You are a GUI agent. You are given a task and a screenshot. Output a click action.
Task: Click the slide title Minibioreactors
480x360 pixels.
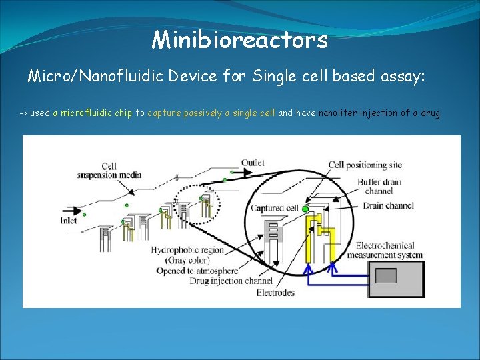pyautogui.click(x=240, y=40)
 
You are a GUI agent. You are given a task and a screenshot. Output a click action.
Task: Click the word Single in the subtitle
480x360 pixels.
pyautogui.click(x=275, y=77)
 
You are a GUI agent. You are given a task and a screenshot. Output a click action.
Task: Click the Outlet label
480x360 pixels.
pyautogui.click(x=253, y=163)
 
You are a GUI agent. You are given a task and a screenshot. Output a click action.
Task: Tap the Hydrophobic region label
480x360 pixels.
pyautogui.click(x=187, y=250)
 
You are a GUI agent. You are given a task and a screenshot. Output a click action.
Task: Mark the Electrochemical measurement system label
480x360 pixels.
pyautogui.click(x=389, y=250)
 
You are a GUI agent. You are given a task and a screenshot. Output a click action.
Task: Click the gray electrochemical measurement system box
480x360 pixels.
pyautogui.click(x=397, y=278)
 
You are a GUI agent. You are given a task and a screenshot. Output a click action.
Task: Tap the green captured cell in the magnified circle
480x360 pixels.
pyautogui.click(x=306, y=209)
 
